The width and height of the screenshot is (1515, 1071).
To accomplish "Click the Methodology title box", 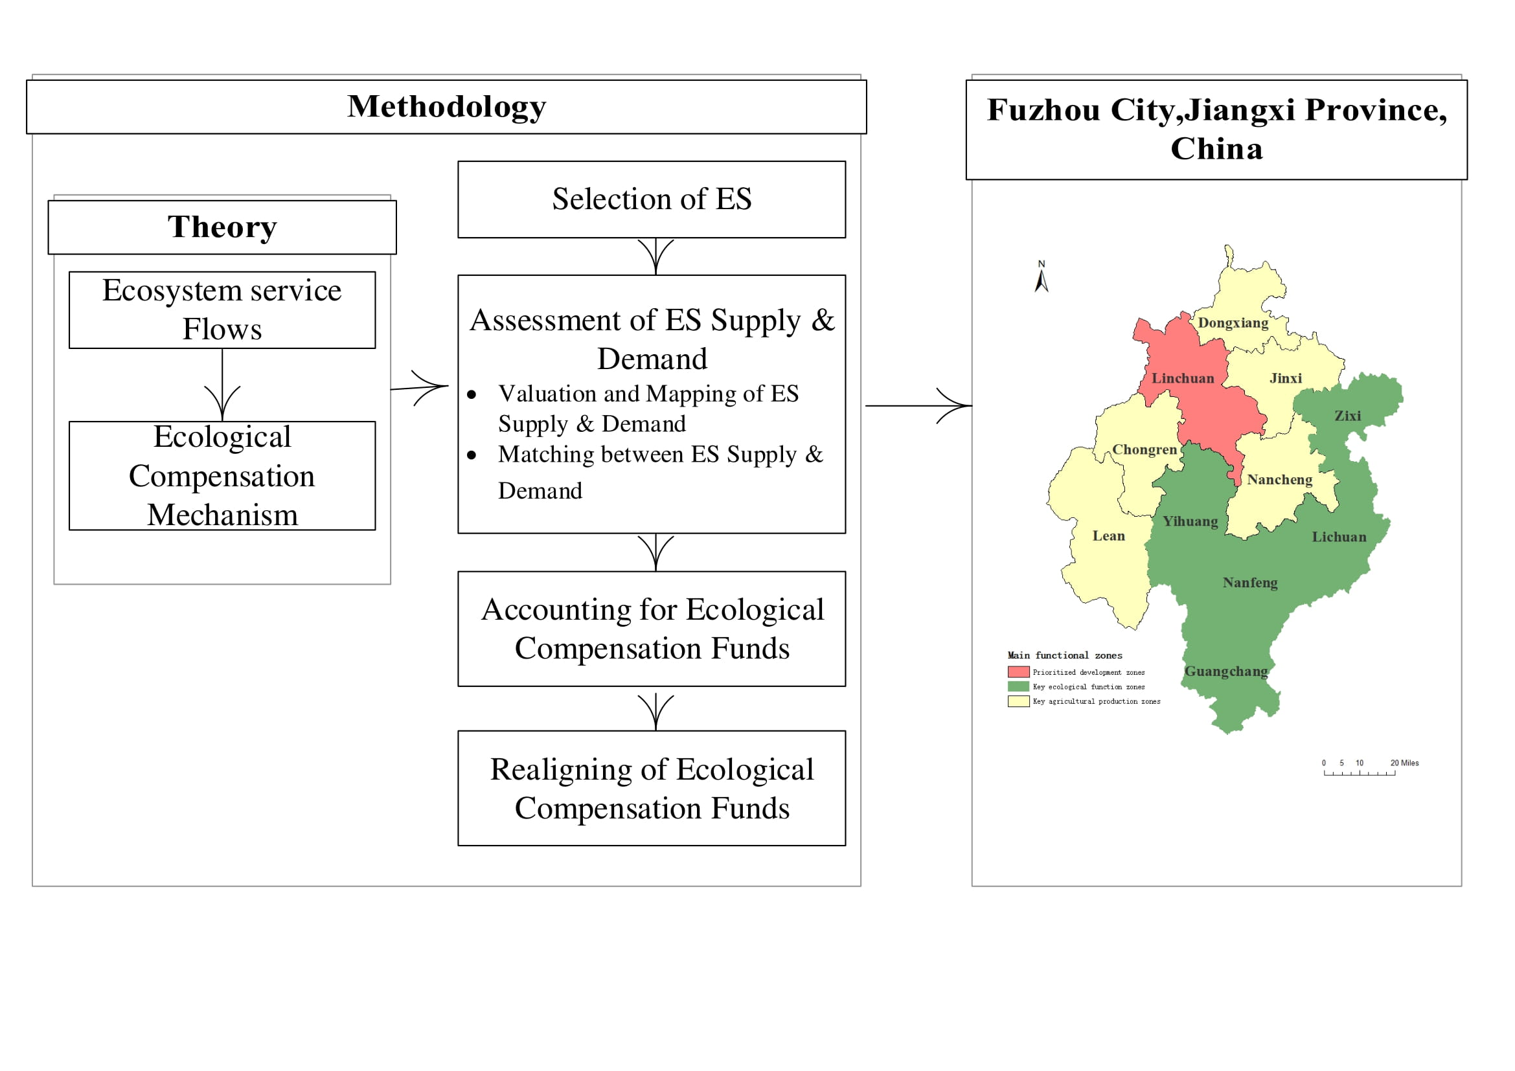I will point(446,107).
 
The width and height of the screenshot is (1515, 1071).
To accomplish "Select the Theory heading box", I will point(222,227).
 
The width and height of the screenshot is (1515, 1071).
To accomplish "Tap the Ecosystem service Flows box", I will point(222,310).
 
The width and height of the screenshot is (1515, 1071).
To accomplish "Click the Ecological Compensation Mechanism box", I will point(222,475).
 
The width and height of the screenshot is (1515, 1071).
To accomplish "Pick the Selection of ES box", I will point(651,199).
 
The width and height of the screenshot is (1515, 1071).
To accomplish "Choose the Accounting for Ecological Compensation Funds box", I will point(651,629).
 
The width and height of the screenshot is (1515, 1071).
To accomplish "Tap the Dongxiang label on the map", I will point(1233,323).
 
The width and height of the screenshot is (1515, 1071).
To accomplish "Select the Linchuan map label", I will point(1183,379).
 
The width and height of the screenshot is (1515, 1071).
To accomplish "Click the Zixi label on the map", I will point(1347,416).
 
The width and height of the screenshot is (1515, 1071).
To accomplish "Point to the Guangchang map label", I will point(1226,671).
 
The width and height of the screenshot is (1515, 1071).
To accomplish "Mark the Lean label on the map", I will point(1108,536).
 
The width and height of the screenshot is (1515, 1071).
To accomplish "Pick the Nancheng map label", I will point(1279,480).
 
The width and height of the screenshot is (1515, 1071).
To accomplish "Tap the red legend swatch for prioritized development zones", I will point(1018,672).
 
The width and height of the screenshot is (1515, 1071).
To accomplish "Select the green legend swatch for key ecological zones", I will point(1018,686).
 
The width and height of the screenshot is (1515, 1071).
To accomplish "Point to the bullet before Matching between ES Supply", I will point(471,455).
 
